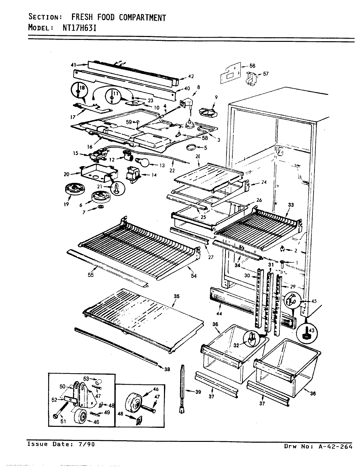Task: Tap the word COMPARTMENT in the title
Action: point(142,17)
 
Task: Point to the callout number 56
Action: point(252,66)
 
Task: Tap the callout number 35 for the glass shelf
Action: point(176,297)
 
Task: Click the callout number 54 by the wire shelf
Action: point(194,276)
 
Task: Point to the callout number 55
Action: point(91,275)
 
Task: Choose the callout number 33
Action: point(291,205)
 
